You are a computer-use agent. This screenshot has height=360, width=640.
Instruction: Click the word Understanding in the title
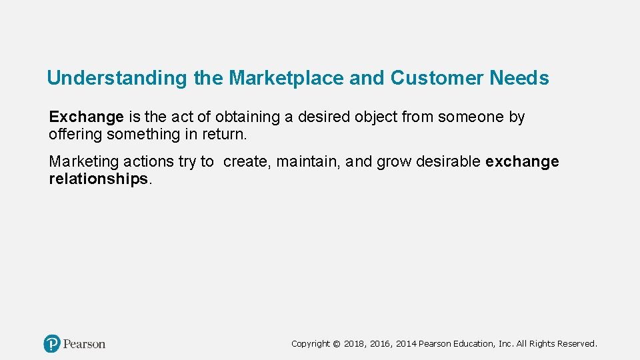pos(117,79)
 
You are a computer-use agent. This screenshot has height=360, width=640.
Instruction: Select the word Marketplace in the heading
pos(287,79)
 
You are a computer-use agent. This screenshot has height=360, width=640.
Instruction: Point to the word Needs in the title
pos(519,79)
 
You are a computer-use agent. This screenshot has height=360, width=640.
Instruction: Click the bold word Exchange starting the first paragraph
pos(86,117)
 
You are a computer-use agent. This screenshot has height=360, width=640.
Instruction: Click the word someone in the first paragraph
pos(471,117)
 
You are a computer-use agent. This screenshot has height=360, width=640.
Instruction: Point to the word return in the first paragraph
pos(224,135)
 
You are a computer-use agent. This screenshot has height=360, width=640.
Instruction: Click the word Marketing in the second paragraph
pos(84,162)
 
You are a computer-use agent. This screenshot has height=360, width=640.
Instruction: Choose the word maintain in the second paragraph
pos(307,162)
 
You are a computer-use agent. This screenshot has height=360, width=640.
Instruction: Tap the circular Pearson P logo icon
pos(51,344)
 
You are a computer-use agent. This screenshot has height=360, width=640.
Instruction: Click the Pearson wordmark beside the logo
pos(85,344)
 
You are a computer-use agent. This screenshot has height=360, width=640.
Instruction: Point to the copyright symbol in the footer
pos(337,344)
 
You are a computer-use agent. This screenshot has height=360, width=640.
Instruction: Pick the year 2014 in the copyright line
pos(407,344)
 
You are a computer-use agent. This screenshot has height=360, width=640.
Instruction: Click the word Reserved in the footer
pos(577,344)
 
